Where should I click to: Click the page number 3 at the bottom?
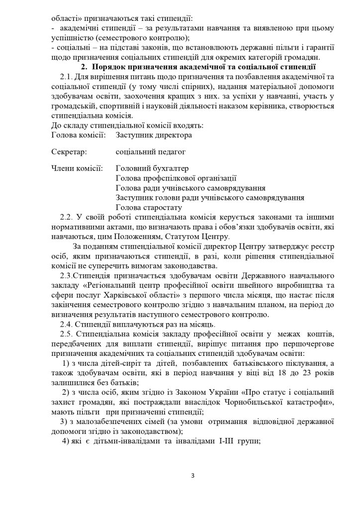pyautogui.click(x=192, y=476)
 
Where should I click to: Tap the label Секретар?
pyautogui.click(x=69, y=152)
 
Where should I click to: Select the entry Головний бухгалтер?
pyautogui.click(x=152, y=169)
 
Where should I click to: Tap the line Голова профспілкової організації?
pyautogui.click(x=176, y=178)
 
